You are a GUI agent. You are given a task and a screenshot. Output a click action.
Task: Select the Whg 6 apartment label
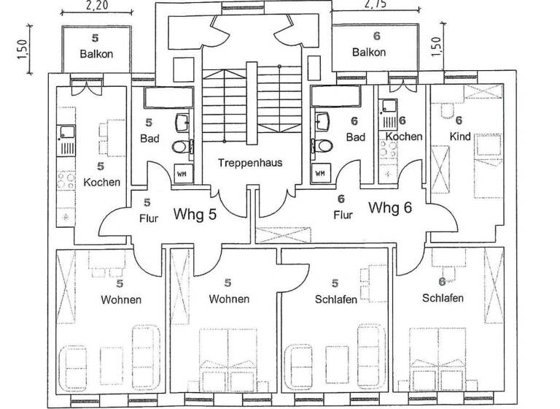(x=391, y=207)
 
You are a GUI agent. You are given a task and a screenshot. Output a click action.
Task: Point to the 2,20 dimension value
(x=98, y=6)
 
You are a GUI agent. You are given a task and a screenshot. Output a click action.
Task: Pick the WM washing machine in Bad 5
(x=181, y=174)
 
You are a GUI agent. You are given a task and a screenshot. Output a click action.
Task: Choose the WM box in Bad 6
(x=319, y=174)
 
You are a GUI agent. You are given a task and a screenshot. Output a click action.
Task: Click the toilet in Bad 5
(x=180, y=147)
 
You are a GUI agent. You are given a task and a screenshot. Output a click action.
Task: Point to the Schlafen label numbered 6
(x=443, y=298)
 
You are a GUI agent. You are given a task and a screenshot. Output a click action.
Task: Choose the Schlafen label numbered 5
(x=336, y=299)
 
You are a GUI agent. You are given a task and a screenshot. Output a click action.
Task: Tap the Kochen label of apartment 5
(x=101, y=182)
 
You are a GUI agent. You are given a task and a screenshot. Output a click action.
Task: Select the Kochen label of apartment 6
(x=403, y=137)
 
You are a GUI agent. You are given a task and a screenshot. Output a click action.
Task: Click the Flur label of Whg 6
(x=343, y=215)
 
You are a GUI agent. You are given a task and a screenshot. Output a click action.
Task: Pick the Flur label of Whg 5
(x=149, y=218)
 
